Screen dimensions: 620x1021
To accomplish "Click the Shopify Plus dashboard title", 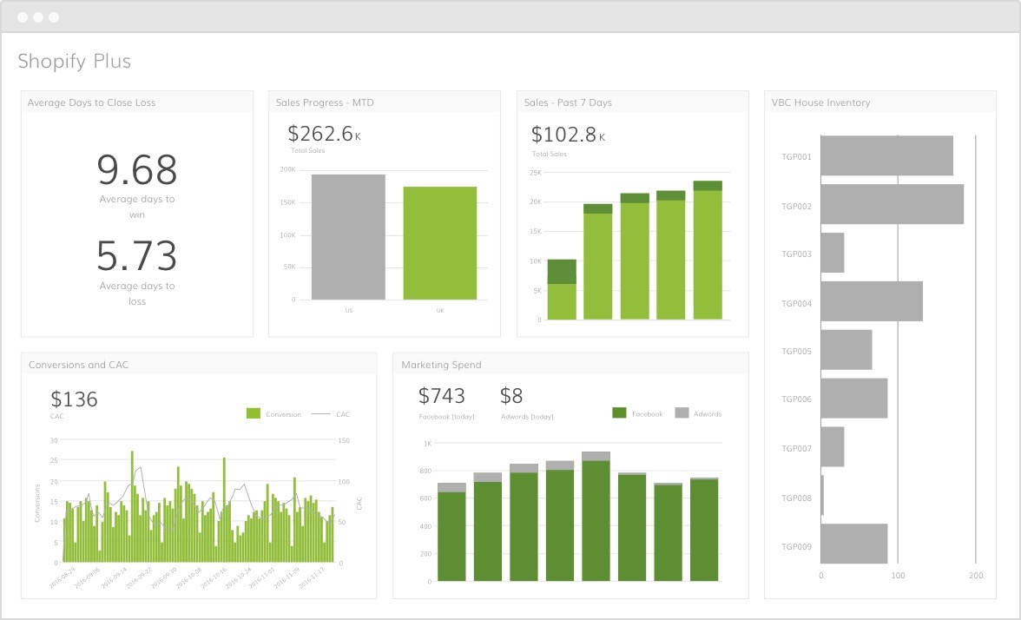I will (75, 62).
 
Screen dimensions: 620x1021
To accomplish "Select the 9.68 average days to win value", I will (137, 170).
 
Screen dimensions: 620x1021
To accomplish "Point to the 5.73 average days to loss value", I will (137, 256).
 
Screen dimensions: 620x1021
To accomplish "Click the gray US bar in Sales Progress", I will (348, 237).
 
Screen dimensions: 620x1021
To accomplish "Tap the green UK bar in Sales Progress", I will (439, 243).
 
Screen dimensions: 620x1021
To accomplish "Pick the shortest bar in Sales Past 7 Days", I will (562, 290).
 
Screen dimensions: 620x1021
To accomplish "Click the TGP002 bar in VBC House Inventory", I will (892, 204).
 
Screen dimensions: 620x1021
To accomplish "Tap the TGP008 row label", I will (796, 498).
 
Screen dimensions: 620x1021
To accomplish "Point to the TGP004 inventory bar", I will (871, 301).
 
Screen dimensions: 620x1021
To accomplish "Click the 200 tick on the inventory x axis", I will (976, 575).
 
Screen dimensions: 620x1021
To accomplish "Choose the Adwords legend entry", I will (699, 414).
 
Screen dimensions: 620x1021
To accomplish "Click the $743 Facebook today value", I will (442, 396).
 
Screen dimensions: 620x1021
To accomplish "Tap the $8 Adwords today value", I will (511, 396).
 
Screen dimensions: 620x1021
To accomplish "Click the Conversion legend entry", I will (274, 414).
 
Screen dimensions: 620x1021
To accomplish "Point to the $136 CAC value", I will (74, 399).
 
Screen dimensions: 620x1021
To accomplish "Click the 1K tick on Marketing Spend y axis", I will (427, 444).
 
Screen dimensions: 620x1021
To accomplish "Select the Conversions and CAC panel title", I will (78, 365).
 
